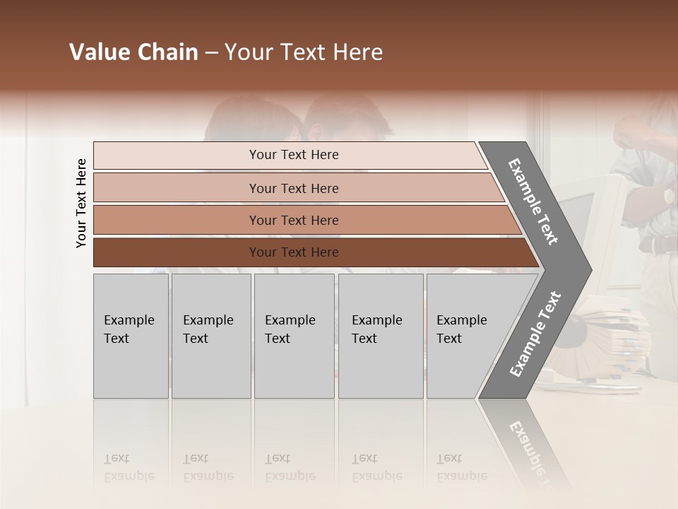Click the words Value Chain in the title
pos(133,52)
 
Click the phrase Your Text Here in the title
pos(304,52)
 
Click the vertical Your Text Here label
pos(81,203)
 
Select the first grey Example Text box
pos(131,336)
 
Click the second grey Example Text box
pos(211,336)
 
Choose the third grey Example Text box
pos(294,336)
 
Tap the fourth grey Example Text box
pos(381,336)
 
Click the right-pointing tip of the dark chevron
pos(583,269)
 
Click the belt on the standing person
pos(660,245)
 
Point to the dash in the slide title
pos(211,53)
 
